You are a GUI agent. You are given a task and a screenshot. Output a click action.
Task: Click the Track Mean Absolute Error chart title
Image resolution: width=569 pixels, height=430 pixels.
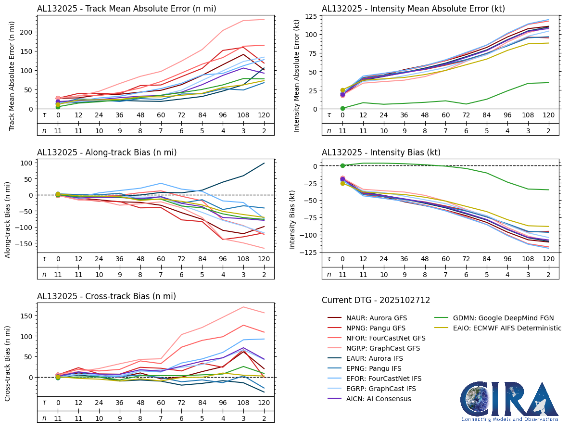pos(126,9)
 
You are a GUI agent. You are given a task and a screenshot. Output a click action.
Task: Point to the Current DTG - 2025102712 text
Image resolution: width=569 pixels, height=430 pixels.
pos(376,300)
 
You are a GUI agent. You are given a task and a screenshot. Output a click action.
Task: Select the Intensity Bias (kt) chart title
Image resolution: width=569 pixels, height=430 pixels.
pos(381,152)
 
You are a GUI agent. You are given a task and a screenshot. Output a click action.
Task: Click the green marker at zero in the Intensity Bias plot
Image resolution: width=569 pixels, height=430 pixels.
pos(342,166)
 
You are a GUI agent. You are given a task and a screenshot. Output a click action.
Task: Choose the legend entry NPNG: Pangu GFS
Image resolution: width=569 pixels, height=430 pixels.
pos(376,328)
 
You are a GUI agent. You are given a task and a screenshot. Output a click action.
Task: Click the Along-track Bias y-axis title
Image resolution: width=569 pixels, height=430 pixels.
pos(8,219)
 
